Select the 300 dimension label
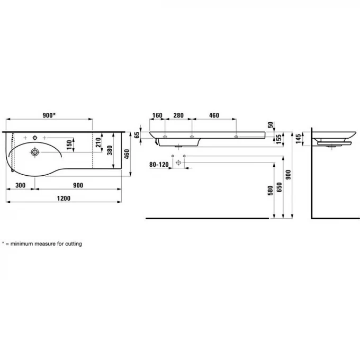click(21, 185)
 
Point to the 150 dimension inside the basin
click(68, 143)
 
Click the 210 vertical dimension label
click(98, 142)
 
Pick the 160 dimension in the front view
click(157, 115)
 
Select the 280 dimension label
click(178, 115)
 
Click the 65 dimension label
click(137, 136)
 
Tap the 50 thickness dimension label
click(271, 125)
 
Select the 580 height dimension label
click(271, 189)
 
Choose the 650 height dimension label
click(279, 189)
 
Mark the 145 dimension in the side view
click(298, 138)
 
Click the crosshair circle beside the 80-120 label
click(178, 164)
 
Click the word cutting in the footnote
click(73, 244)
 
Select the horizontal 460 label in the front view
click(214, 115)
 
